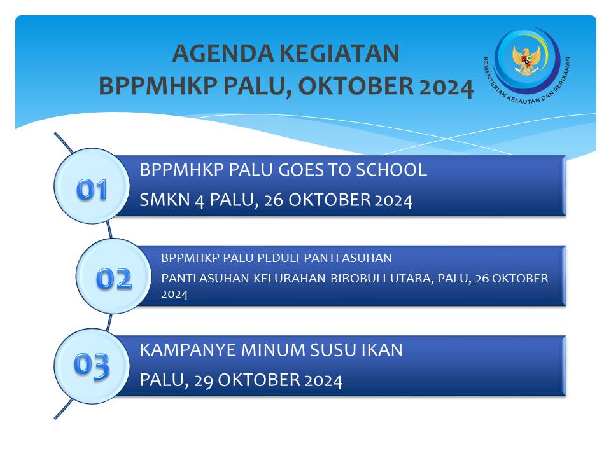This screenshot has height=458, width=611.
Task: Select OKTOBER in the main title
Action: tap(356, 86)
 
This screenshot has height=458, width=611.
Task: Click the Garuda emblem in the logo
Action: tap(527, 60)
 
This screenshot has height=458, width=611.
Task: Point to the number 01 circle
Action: tap(92, 186)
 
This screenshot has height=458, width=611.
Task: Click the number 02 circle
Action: tap(114, 276)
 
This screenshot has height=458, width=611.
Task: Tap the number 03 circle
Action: tap(92, 366)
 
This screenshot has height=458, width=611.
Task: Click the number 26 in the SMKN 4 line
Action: tap(274, 200)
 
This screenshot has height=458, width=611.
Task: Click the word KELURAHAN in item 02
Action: tap(290, 279)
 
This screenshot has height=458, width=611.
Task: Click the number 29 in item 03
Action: tap(204, 380)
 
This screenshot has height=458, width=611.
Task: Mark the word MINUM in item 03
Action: tap(273, 350)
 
